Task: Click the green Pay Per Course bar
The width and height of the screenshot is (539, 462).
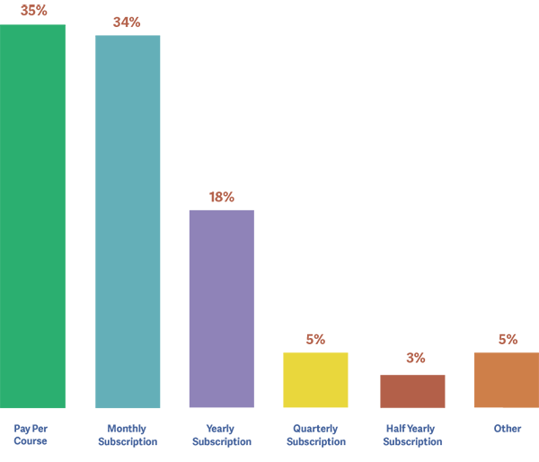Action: (x=32, y=216)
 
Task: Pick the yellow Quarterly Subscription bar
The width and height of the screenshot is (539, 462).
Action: (x=315, y=380)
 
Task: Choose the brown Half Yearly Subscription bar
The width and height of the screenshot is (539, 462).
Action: (x=412, y=391)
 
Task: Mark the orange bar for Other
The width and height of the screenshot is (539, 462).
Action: (x=507, y=380)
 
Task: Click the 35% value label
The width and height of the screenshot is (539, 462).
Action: (x=33, y=10)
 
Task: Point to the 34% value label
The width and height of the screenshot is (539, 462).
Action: (x=127, y=22)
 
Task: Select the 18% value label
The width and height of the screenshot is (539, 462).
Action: (x=222, y=197)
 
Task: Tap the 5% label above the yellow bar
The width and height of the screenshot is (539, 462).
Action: (x=315, y=339)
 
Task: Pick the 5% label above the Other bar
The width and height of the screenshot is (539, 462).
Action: (x=508, y=339)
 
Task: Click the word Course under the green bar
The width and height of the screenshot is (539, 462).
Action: (x=31, y=441)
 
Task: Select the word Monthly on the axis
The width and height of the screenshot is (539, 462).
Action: (x=127, y=429)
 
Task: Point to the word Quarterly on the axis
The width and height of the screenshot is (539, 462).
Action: (x=315, y=429)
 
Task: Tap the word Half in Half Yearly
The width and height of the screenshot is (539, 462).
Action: (x=394, y=429)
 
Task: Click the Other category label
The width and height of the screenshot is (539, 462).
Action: (x=508, y=429)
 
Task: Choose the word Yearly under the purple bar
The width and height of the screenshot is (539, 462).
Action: (x=222, y=429)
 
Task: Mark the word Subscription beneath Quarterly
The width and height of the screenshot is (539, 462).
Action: (x=315, y=441)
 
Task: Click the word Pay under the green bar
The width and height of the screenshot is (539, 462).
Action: (x=22, y=429)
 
